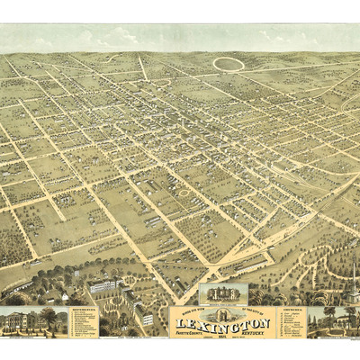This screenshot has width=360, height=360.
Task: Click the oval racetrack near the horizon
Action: tap(229, 63)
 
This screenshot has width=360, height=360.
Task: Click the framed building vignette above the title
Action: tap(222, 294)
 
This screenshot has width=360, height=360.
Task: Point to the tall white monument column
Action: tap(355, 296)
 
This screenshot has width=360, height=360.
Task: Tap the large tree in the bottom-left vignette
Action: tap(48, 318)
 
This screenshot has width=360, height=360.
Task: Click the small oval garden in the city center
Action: tap(184, 192)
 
